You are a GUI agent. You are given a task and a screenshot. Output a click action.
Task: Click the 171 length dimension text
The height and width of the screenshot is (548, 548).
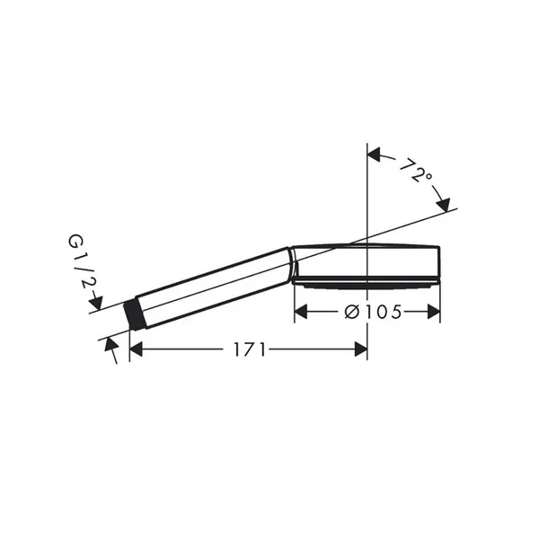point(250,349)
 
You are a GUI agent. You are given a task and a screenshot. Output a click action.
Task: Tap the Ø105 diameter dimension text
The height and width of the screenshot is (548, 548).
point(373,312)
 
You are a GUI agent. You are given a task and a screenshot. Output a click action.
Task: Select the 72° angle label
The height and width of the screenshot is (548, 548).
point(416,171)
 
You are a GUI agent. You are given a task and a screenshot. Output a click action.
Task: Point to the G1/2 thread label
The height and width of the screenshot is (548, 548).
point(80,261)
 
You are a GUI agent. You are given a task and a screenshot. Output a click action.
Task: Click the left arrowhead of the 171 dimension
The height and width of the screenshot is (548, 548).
point(136,349)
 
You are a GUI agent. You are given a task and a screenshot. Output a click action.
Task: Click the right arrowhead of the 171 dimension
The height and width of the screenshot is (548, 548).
point(360,349)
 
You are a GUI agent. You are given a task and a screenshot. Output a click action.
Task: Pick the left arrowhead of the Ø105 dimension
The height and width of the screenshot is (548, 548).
point(301,312)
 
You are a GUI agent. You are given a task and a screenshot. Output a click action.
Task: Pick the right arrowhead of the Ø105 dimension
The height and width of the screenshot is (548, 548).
point(434,312)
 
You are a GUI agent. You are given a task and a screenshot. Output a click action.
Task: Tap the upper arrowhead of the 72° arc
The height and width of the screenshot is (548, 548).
point(374,155)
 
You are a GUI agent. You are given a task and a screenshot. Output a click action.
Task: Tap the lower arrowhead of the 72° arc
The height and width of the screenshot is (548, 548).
point(443,204)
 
